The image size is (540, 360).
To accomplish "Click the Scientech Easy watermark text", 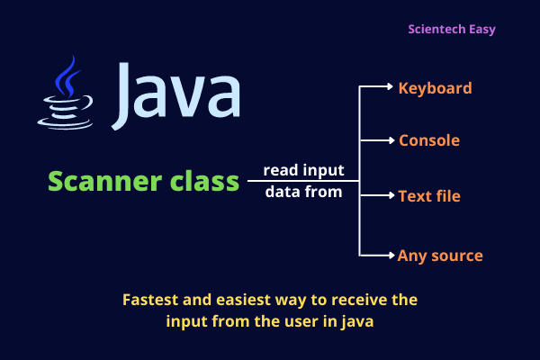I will coord(464,29).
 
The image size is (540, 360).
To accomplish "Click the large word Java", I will coord(177,93).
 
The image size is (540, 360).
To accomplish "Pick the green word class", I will coord(201,181).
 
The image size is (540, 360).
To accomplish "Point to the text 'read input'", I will coord(303,170).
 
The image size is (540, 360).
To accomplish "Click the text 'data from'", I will coord(303,192).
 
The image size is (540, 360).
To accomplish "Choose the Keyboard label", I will coord(436,88).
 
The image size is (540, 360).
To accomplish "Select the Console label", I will coord(429,140).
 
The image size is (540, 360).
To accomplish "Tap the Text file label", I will coord(429,194).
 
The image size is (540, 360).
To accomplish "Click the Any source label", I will coord(440,256).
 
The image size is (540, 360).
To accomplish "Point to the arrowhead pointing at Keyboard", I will coord(389,87).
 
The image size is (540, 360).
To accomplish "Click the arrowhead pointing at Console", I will coord(389,140).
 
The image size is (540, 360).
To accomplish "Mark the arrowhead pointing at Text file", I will coord(389,194).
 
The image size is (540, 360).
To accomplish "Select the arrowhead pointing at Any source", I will coord(389,256).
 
